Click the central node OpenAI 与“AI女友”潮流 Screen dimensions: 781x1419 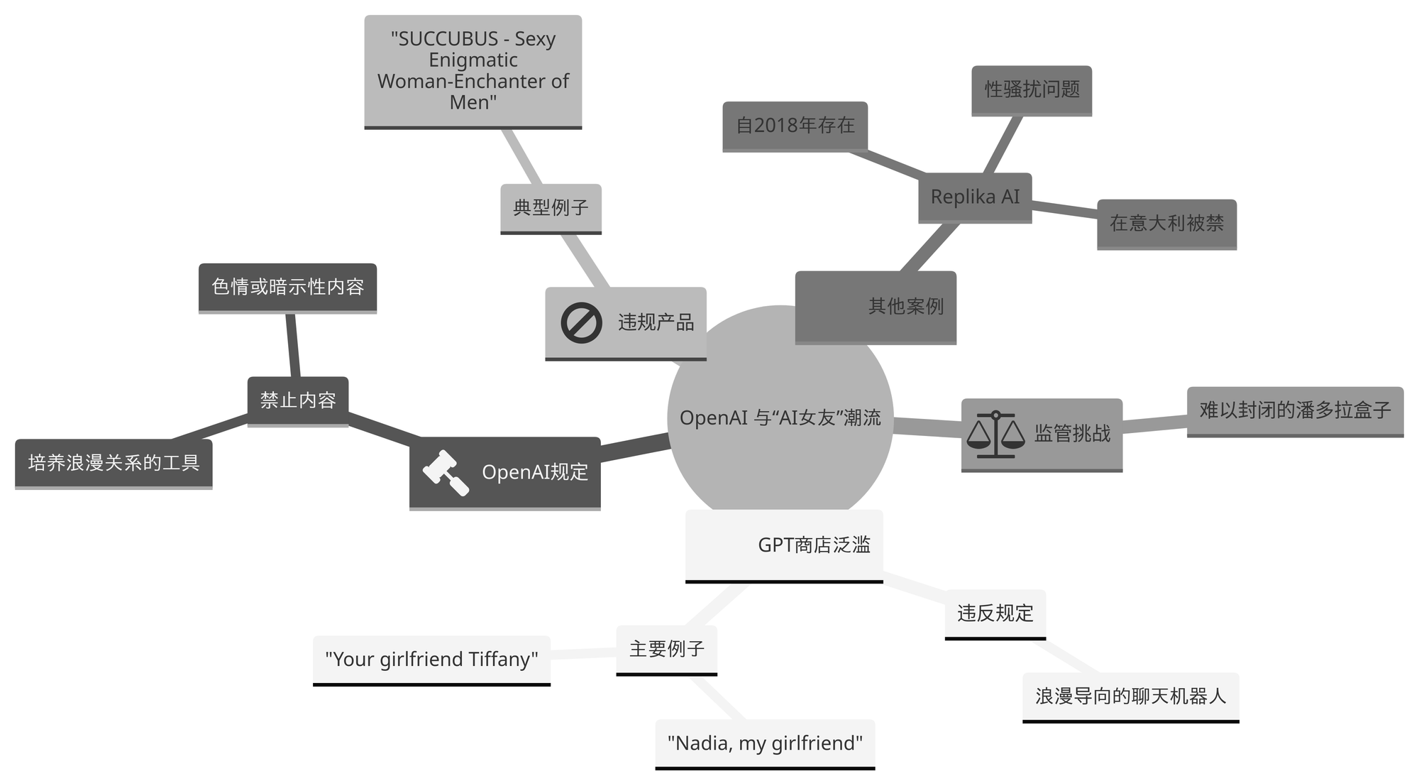coord(780,417)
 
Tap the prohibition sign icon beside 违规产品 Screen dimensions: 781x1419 coord(581,322)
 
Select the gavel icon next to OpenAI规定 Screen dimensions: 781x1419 coord(446,472)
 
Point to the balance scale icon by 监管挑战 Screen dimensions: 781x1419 coord(995,433)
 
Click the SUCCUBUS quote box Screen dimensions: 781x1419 coord(473,71)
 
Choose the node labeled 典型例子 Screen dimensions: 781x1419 coord(551,208)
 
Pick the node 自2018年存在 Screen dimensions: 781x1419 coord(795,126)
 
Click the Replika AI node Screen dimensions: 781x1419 coord(975,197)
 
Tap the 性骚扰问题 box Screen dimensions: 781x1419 coord(1032,89)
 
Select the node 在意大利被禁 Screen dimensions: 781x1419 coord(1166,224)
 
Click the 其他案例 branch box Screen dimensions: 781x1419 coord(876,307)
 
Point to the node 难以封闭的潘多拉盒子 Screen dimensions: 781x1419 coord(1295,410)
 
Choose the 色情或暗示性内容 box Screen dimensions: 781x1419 coord(287,287)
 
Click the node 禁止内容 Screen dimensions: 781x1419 coord(298,400)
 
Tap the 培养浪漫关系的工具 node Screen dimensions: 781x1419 coord(114,463)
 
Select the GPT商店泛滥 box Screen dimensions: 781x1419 coord(784,545)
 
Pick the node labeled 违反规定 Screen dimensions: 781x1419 coord(995,613)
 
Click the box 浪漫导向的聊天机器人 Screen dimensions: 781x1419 coord(1130,697)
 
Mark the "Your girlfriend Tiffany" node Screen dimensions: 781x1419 coord(431,660)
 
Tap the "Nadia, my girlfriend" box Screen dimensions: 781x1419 coord(765,743)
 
